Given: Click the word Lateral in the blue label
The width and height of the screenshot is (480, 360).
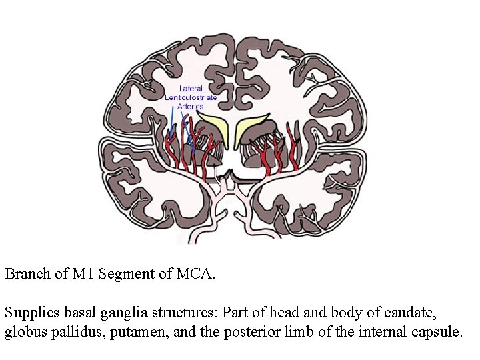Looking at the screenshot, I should [x=191, y=89].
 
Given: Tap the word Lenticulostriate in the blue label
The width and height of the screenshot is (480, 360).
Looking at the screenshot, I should [x=191, y=97].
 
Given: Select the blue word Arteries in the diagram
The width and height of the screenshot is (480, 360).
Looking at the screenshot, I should [x=191, y=107].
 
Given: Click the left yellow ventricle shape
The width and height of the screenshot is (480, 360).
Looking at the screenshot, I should [x=213, y=127].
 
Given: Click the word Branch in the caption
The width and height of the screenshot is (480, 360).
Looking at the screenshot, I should [x=25, y=273].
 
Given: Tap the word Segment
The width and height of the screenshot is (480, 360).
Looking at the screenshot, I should [x=125, y=273].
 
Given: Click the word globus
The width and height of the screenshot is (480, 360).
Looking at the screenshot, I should [x=25, y=331].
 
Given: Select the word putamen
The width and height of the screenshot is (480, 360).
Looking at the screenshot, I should [x=131, y=331].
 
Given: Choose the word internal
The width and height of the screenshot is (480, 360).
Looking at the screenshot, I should [x=379, y=331].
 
